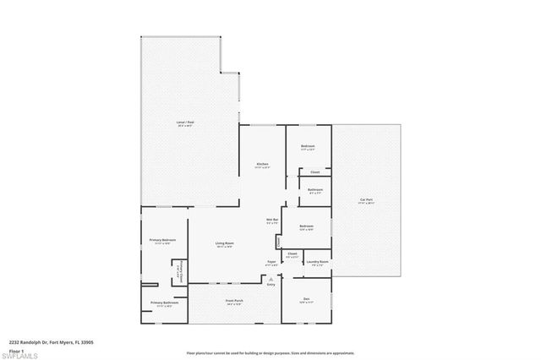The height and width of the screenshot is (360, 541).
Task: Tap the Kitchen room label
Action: [263, 163]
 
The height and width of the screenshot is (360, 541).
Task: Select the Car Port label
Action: [366, 200]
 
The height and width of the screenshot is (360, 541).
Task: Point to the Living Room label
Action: [224, 243]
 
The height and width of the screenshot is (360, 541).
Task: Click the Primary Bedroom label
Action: [162, 241]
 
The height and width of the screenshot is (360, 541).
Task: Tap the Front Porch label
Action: [234, 303]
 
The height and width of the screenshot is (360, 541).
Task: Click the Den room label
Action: [307, 299]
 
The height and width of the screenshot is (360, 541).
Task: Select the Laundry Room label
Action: [318, 261]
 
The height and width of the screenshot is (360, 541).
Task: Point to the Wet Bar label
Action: [272, 221]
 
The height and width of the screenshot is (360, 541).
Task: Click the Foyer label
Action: [271, 262]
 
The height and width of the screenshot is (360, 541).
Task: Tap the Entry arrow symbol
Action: [271, 277]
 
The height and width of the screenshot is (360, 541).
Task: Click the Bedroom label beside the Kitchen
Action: [308, 146]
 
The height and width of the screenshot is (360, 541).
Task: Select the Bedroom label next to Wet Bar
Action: [307, 226]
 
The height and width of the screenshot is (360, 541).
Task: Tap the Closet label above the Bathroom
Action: [314, 172]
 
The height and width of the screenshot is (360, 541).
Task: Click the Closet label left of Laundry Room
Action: [292, 254]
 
